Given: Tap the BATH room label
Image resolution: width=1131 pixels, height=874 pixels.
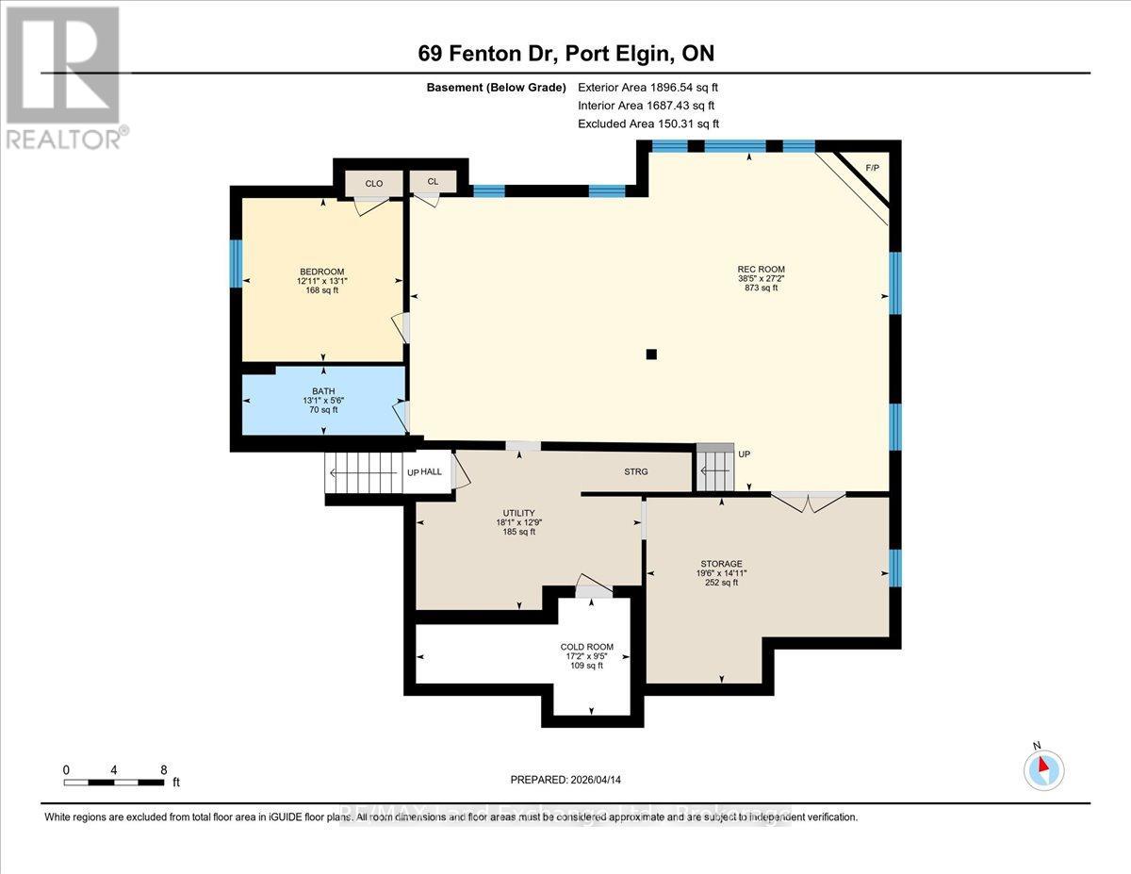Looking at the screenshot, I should pyautogui.click(x=323, y=391).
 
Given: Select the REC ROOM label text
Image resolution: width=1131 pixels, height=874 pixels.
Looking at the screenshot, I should pyautogui.click(x=762, y=270).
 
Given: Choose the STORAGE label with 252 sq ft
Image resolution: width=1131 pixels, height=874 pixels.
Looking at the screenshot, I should pyautogui.click(x=721, y=564).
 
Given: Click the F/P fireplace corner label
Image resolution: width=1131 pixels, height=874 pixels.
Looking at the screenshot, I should pyautogui.click(x=872, y=168).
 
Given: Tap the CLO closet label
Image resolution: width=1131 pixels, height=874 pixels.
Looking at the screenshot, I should pyautogui.click(x=373, y=183).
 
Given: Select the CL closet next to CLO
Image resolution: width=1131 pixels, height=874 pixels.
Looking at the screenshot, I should pyautogui.click(x=433, y=182).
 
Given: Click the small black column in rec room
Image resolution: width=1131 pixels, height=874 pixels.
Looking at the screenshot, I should pyautogui.click(x=650, y=355).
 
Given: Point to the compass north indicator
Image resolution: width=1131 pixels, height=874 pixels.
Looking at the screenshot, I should pyautogui.click(x=1043, y=768).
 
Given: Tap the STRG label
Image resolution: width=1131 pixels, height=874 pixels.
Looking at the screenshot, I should pyautogui.click(x=635, y=471).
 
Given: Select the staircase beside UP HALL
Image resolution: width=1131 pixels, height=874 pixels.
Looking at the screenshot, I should pyautogui.click(x=363, y=471).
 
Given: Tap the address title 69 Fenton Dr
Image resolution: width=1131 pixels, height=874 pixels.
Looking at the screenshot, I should pyautogui.click(x=565, y=54).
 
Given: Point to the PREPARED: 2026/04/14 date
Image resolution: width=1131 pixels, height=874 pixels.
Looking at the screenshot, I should pyautogui.click(x=565, y=780).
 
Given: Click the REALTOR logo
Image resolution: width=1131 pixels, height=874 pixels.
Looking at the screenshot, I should pyautogui.click(x=64, y=77).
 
